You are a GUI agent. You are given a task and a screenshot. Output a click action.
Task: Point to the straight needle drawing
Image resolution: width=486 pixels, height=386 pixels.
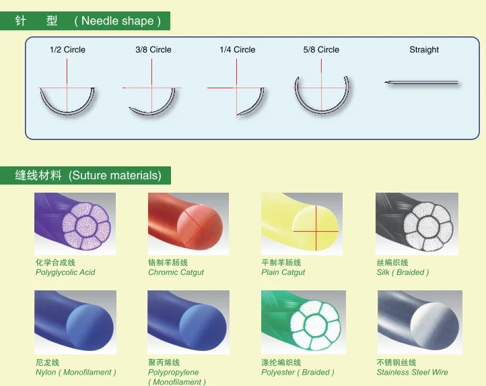[x=421, y=83]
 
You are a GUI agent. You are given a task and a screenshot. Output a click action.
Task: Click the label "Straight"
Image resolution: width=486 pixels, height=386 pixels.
[x=424, y=50]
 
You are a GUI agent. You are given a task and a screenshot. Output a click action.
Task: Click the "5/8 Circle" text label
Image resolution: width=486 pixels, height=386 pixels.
[x=321, y=50]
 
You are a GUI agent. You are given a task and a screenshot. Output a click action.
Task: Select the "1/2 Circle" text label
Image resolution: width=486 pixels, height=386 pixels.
[x=67, y=50]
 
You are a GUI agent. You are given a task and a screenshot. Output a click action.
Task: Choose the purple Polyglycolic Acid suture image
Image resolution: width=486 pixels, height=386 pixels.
[x=75, y=224]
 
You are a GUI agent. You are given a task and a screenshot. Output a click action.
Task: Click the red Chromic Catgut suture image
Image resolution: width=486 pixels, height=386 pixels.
[x=188, y=224]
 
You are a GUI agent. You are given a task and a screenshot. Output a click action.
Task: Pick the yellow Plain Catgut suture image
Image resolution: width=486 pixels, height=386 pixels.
[x=302, y=224]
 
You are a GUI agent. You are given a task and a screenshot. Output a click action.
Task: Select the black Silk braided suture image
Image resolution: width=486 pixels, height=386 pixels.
[x=416, y=224]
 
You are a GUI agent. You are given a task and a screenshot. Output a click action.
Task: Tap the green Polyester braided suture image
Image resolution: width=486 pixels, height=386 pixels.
[x=303, y=322]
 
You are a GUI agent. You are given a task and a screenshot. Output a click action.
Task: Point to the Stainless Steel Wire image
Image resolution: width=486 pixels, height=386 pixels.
[x=419, y=322]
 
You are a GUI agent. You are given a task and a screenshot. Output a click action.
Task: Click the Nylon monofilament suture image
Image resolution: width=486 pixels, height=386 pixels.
[x=75, y=322]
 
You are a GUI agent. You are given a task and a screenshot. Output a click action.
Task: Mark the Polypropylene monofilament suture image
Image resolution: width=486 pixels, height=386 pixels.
[x=188, y=322]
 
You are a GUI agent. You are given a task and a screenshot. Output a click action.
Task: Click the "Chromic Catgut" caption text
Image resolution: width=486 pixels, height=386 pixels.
[x=176, y=273]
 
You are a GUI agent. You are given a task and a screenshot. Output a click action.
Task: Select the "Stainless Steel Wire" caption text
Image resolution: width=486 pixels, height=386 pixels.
[x=412, y=373]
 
